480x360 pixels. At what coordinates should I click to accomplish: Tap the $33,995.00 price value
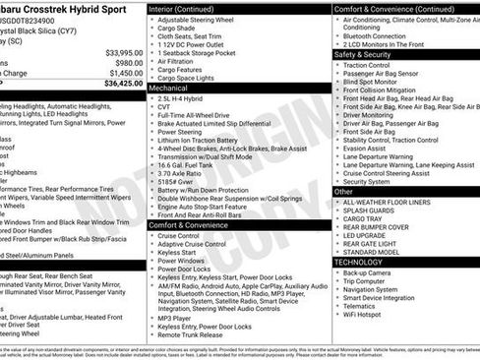(124, 52)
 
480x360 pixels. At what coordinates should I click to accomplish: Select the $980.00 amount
(129, 62)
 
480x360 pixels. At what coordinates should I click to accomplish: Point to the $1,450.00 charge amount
(126, 73)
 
